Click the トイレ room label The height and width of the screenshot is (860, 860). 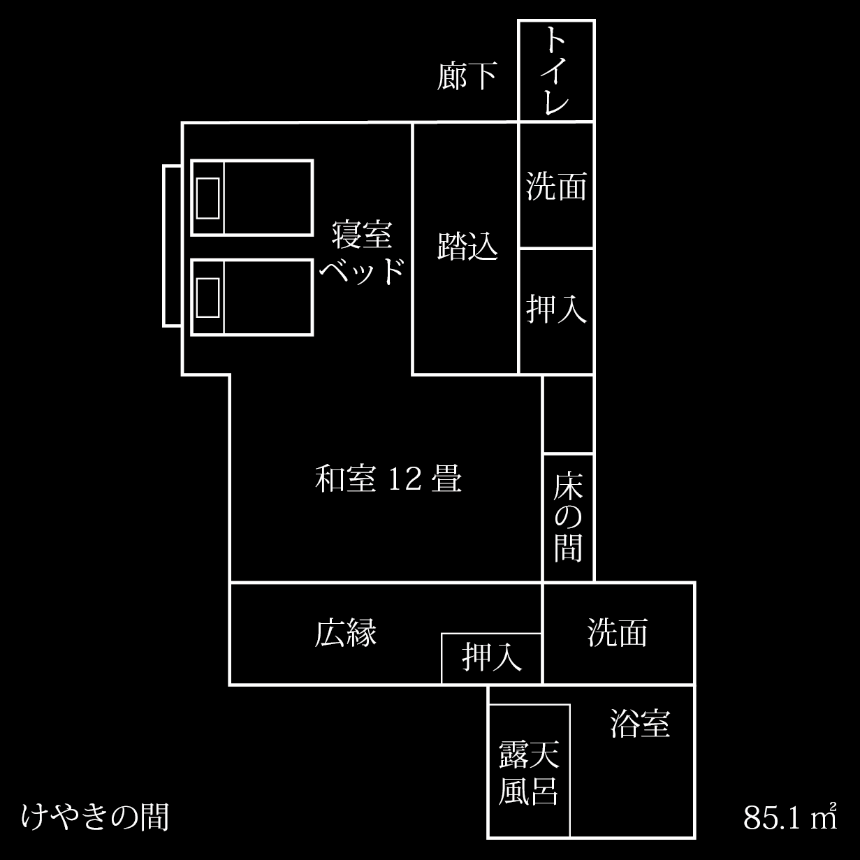(x=555, y=71)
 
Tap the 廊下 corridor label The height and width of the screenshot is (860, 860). (x=467, y=76)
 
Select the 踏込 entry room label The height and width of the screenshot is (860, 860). (x=467, y=246)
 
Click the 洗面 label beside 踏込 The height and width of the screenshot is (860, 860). (x=555, y=187)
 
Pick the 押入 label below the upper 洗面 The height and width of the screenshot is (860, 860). (x=555, y=309)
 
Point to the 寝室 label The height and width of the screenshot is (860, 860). (x=362, y=235)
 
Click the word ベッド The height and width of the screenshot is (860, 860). (x=362, y=269)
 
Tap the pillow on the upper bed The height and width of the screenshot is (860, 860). (x=208, y=198)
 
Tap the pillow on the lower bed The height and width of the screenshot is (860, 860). (x=208, y=297)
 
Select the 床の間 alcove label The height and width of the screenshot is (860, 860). (x=568, y=518)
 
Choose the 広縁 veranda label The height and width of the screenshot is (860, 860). (x=346, y=633)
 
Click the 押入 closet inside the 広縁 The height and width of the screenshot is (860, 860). (x=492, y=658)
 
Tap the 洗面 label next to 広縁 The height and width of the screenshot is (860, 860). (x=618, y=632)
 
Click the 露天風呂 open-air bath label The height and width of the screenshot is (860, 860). (x=529, y=773)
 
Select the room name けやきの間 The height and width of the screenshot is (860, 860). (x=96, y=815)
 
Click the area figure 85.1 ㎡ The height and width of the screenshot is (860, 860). (x=790, y=817)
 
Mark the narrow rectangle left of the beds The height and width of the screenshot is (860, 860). (x=173, y=245)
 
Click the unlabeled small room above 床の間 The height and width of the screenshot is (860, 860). (x=568, y=414)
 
